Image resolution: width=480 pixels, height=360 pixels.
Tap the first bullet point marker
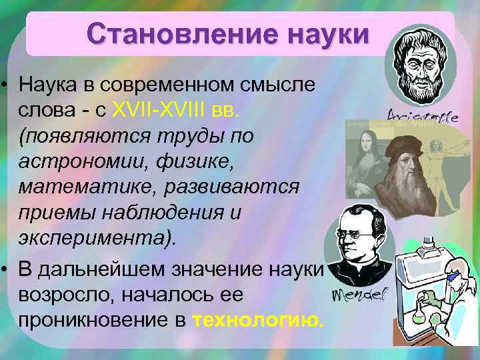pyautogui.click(x=6, y=85)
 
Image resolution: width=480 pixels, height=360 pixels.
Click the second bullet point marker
pyautogui.click(x=6, y=268)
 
